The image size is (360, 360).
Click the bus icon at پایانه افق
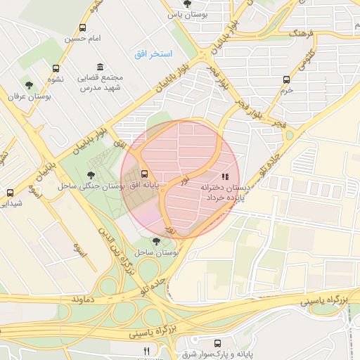[x=145, y=174]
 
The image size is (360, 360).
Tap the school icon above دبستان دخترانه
[x=224, y=176]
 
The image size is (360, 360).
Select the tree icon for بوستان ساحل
[x=156, y=241]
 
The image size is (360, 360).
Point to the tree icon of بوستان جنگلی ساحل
[x=90, y=175]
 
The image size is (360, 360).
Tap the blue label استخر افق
[x=154, y=53]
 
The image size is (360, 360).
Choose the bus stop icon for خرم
[x=285, y=79]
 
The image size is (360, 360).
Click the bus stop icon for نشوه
[x=56, y=68]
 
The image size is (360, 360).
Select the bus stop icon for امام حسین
[x=83, y=28]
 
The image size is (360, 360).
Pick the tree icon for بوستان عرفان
[x=28, y=84]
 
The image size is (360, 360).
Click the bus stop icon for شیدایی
[x=10, y=193]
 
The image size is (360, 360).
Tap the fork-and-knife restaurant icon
[x=146, y=351]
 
